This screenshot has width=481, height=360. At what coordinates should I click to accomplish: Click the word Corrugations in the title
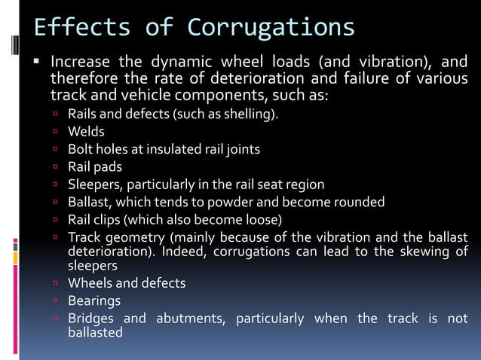pyautogui.click(x=271, y=28)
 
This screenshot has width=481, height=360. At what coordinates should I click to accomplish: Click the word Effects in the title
pyautogui.click(x=81, y=28)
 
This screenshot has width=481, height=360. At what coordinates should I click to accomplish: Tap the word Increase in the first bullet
pyautogui.click(x=81, y=61)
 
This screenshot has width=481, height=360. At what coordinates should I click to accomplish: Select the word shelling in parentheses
pyautogui.click(x=250, y=115)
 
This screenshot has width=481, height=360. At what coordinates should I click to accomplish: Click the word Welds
pyautogui.click(x=86, y=132)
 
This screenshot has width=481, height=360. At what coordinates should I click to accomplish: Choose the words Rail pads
pyautogui.click(x=94, y=166)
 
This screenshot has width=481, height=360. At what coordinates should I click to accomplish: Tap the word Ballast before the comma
pyautogui.click(x=89, y=202)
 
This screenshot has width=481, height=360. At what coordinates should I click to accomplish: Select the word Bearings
pyautogui.click(x=94, y=301)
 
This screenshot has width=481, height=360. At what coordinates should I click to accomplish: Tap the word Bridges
pyautogui.click(x=92, y=318)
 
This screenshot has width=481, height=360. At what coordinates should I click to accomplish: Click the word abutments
pyautogui.click(x=191, y=318)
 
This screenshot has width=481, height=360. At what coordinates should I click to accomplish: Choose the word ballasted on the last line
pyautogui.click(x=95, y=332)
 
